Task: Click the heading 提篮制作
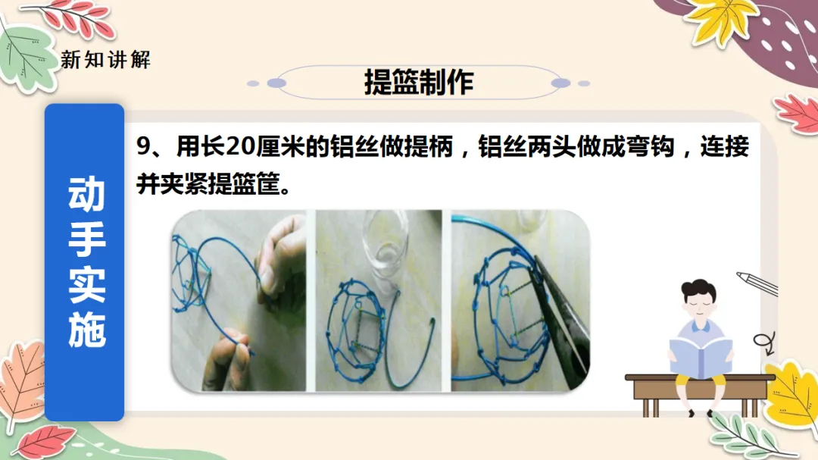[x=418, y=82]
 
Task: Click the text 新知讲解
[x=106, y=60]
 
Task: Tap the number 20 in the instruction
[x=241, y=147]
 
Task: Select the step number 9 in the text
[x=143, y=147]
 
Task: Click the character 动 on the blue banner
[x=86, y=194]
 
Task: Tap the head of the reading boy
[x=699, y=299]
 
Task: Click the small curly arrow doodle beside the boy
[x=764, y=343]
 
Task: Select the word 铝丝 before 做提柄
[x=354, y=147]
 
